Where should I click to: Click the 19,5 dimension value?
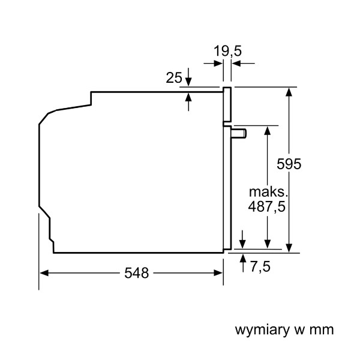[227, 51]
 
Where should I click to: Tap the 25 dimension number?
[174, 77]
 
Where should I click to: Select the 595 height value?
[289, 164]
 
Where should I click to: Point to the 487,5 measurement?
[267, 206]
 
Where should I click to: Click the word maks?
[268, 192]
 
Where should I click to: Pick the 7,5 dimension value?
[260, 266]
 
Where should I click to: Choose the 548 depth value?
[136, 273]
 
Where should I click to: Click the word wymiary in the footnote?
[262, 330]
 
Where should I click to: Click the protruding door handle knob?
[239, 134]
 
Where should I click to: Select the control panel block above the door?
[227, 104]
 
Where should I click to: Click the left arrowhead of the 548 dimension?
[44, 273]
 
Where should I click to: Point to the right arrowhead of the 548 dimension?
[218, 273]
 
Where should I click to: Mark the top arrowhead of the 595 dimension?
[289, 92]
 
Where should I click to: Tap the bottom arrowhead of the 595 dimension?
[289, 248]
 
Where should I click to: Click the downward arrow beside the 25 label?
[188, 77]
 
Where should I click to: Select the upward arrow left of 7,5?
[243, 263]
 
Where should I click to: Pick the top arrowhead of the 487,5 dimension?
[268, 130]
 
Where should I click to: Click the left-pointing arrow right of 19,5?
[243, 63]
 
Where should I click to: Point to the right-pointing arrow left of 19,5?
[213, 63]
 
